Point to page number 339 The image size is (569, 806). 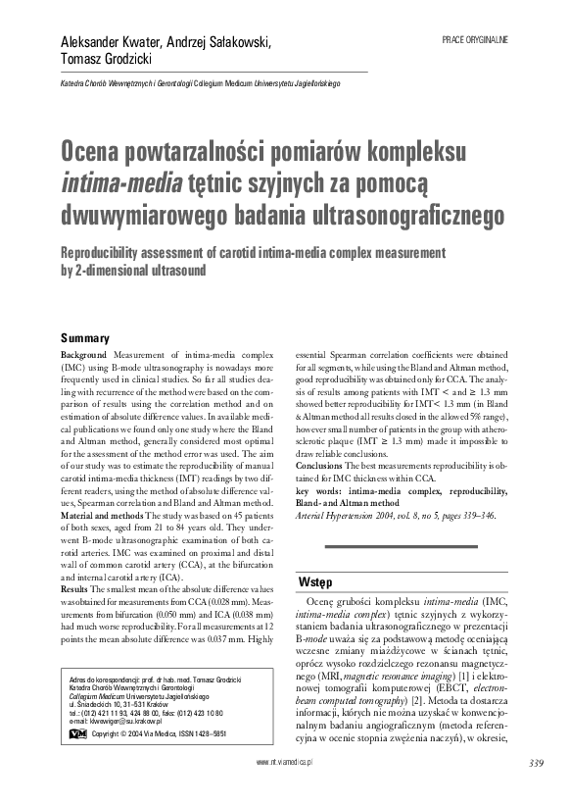[535, 789]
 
